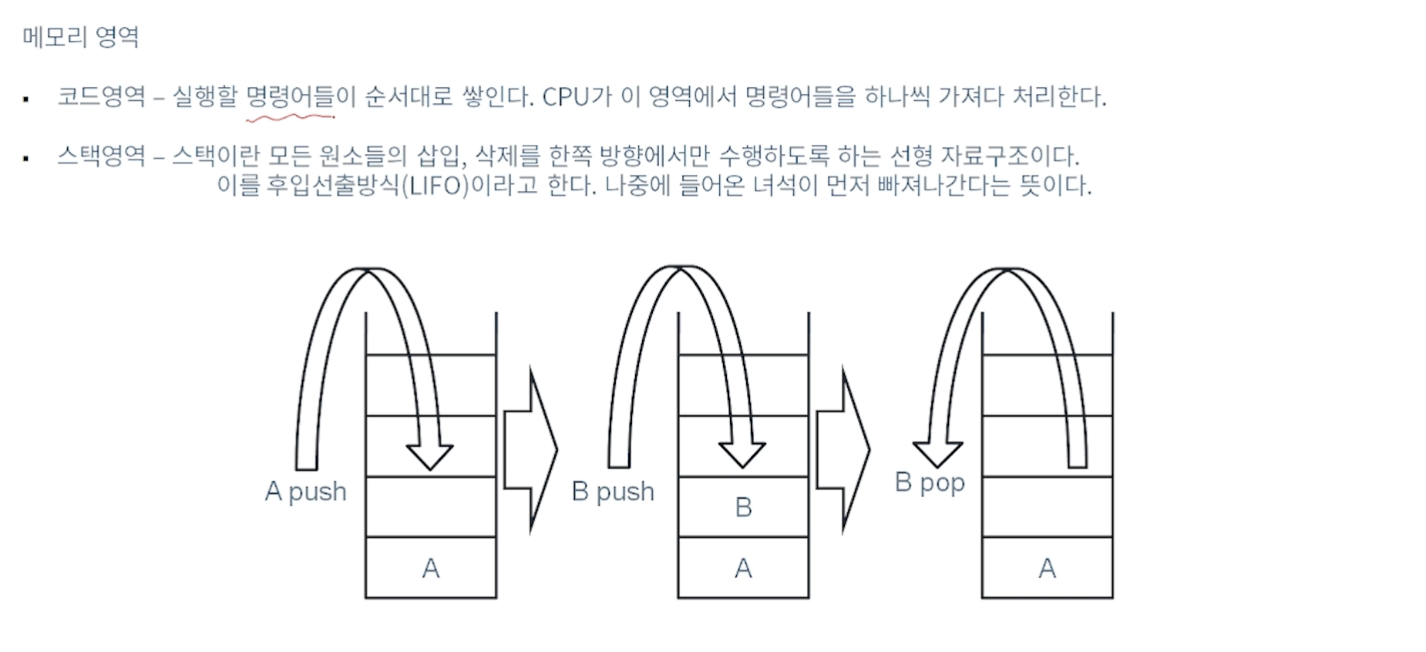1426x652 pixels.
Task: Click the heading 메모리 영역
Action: click(x=80, y=36)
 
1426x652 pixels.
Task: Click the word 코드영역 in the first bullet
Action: click(x=101, y=96)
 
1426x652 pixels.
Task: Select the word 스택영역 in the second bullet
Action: click(x=101, y=156)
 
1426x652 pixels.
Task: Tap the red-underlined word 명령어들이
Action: click(x=300, y=96)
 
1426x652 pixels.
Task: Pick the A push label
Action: click(x=305, y=492)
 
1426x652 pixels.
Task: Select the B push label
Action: click(x=613, y=492)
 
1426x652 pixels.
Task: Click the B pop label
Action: click(x=930, y=483)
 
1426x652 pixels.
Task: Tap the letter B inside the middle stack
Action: click(x=743, y=507)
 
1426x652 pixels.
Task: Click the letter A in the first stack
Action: click(x=431, y=569)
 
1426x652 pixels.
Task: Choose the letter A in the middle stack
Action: click(x=743, y=569)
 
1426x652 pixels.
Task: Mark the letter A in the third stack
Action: click(x=1047, y=569)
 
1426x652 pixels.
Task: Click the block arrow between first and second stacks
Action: click(x=530, y=450)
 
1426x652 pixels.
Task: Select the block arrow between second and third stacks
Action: click(x=843, y=450)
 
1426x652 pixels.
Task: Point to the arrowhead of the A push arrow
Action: click(x=429, y=457)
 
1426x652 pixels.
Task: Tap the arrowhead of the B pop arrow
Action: click(x=937, y=455)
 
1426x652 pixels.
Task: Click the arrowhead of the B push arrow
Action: click(x=742, y=455)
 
